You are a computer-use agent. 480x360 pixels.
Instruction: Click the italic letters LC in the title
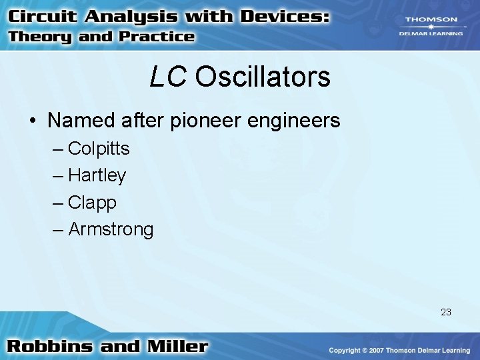[167, 77]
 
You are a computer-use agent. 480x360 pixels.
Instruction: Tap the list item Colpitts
[99, 148]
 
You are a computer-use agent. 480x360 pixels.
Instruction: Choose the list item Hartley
[97, 175]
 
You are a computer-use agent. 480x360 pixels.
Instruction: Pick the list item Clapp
[92, 203]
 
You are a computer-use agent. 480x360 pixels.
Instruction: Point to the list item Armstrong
[111, 230]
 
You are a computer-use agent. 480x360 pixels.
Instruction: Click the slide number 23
[445, 311]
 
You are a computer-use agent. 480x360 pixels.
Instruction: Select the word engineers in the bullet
[299, 121]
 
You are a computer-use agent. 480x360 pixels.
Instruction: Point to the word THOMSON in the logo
[432, 20]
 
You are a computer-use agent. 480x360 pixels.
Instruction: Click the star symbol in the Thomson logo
[431, 27]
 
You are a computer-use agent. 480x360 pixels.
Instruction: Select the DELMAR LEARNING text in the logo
[432, 33]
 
